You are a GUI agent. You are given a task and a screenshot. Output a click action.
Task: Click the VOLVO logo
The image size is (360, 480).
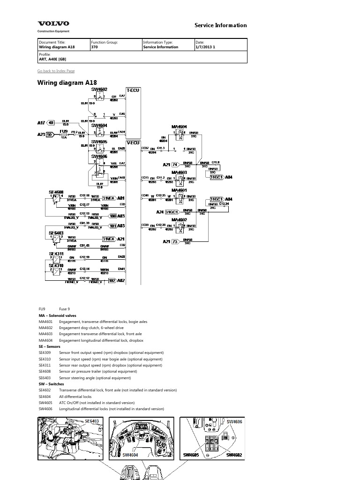click(53, 23)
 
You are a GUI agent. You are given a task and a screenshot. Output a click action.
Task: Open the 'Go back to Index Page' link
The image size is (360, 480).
click(56, 71)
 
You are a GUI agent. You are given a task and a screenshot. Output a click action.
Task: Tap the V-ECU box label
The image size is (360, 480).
click(133, 142)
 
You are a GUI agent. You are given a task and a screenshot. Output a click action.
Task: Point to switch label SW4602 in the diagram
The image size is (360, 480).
click(99, 89)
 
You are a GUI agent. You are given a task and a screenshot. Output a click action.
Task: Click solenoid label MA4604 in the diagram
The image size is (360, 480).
click(179, 127)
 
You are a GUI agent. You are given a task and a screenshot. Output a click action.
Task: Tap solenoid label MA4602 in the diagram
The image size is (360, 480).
click(179, 219)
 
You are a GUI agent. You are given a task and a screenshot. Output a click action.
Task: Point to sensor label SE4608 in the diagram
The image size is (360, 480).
click(56, 192)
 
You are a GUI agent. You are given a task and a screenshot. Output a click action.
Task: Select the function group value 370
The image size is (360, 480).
click(94, 47)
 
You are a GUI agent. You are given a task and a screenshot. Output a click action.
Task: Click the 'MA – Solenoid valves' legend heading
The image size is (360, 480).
click(57, 315)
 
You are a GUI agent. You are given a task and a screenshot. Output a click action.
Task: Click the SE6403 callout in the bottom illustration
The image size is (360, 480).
click(91, 421)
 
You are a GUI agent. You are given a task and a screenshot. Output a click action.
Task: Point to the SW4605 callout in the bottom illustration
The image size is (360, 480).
click(191, 455)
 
